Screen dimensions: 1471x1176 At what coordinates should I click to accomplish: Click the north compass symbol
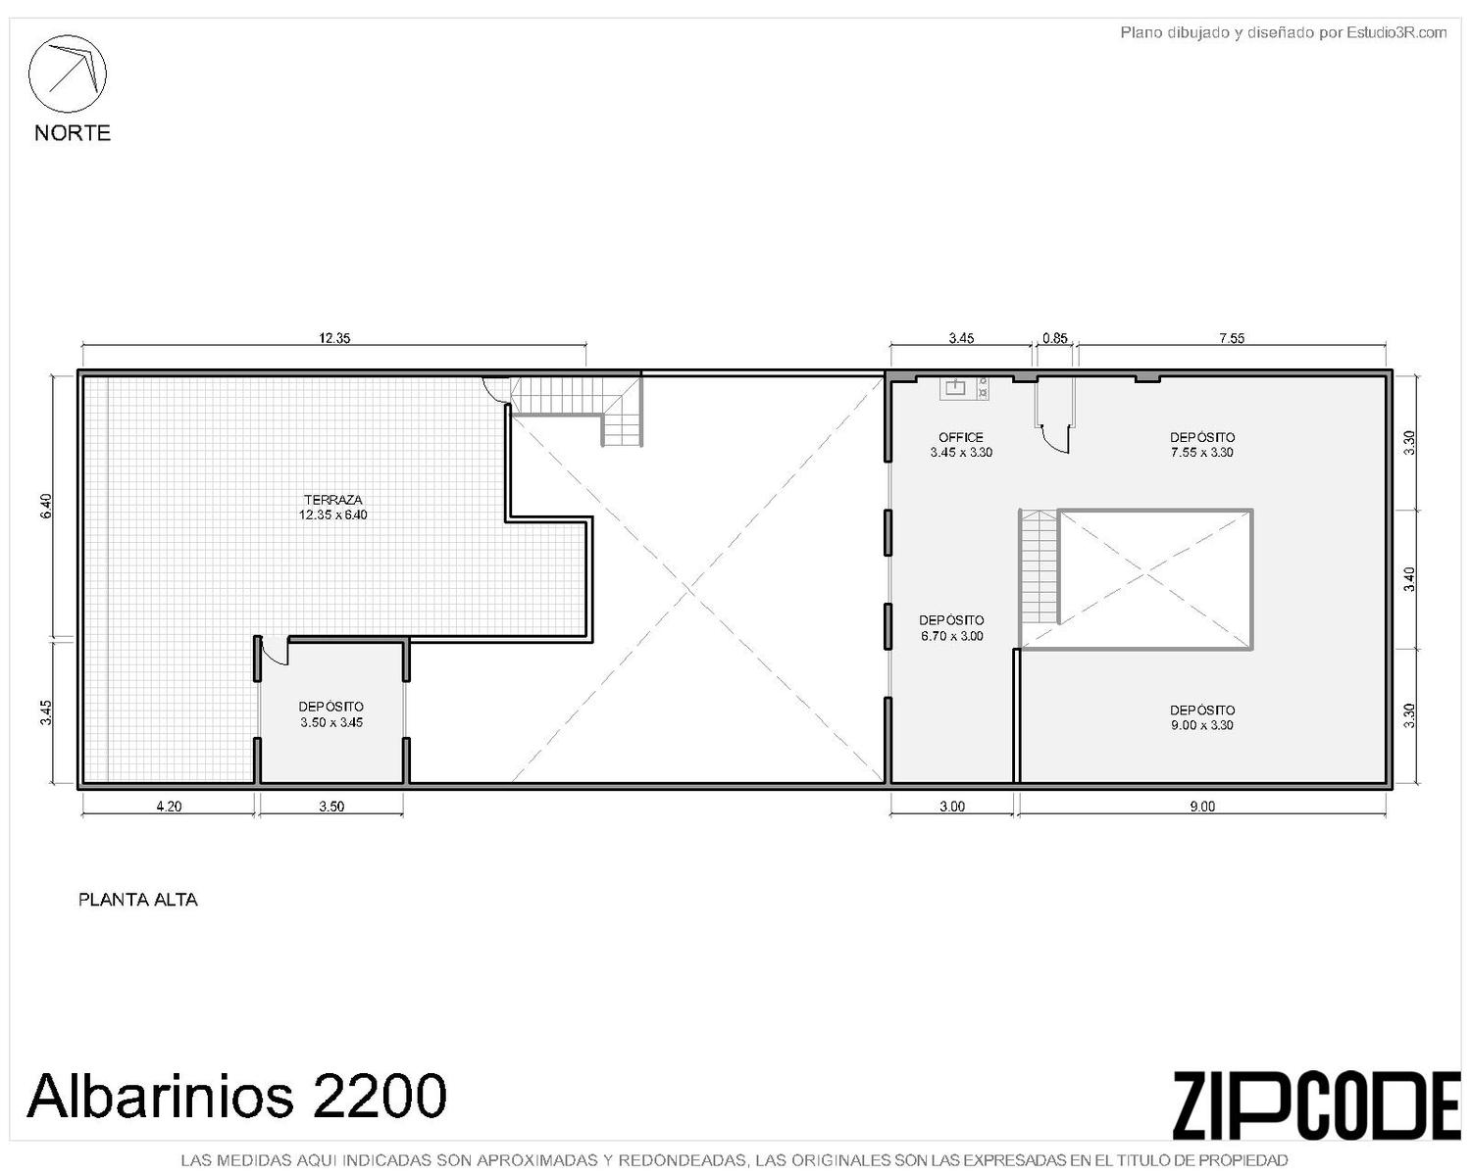tap(67, 73)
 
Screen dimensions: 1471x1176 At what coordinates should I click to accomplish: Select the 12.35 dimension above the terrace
tap(334, 337)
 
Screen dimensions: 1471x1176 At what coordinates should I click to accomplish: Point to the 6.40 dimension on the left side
tap(46, 506)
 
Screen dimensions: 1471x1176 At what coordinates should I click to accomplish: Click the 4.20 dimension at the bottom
tap(169, 807)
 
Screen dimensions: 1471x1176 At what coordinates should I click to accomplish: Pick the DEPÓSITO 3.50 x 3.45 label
tap(331, 714)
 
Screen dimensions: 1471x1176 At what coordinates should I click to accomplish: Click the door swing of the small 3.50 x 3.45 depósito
tap(276, 651)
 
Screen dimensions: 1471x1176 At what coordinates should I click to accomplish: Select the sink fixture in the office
tap(955, 388)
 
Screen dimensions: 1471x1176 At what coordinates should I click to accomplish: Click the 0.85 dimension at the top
tap(1055, 337)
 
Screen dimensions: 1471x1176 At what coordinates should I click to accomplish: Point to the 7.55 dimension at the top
tap(1232, 337)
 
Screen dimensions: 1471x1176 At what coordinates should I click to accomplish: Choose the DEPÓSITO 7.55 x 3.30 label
tap(1202, 444)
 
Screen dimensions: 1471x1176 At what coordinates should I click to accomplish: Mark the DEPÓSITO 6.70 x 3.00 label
tap(951, 628)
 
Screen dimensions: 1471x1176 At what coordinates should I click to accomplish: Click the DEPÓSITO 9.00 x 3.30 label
tap(1202, 717)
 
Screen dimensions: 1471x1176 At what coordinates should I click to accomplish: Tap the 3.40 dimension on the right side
tap(1409, 579)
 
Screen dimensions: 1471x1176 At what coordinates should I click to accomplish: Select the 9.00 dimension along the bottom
tap(1202, 807)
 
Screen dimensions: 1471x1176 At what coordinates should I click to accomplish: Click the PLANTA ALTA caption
tap(138, 900)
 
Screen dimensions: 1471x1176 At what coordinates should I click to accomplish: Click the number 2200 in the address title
tap(379, 1096)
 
